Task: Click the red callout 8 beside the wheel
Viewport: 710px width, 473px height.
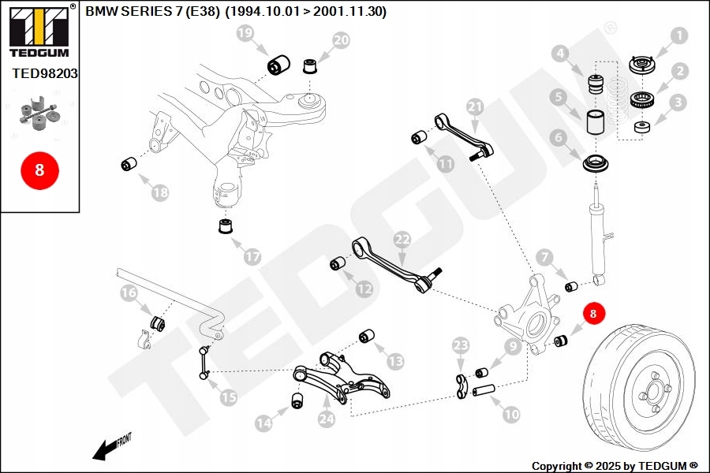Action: (593, 313)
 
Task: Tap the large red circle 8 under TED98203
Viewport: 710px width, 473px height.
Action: (40, 170)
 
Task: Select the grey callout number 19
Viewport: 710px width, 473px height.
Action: (245, 33)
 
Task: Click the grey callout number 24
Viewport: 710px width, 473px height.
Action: (326, 419)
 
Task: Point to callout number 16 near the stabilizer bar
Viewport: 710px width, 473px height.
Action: (129, 292)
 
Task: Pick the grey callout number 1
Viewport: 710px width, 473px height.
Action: (678, 35)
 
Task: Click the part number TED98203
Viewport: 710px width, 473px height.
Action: (45, 73)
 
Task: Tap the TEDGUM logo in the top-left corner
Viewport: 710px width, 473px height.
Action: (39, 31)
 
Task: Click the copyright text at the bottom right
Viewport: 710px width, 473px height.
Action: (615, 466)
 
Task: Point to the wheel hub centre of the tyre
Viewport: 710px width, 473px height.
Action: (654, 391)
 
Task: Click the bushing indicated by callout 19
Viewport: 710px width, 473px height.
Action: (279, 65)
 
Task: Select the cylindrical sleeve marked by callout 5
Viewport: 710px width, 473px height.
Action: (596, 122)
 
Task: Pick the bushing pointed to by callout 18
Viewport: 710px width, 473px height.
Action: (129, 164)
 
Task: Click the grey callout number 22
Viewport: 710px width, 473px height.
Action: (402, 240)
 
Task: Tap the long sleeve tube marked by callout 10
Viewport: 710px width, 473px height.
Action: (484, 390)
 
